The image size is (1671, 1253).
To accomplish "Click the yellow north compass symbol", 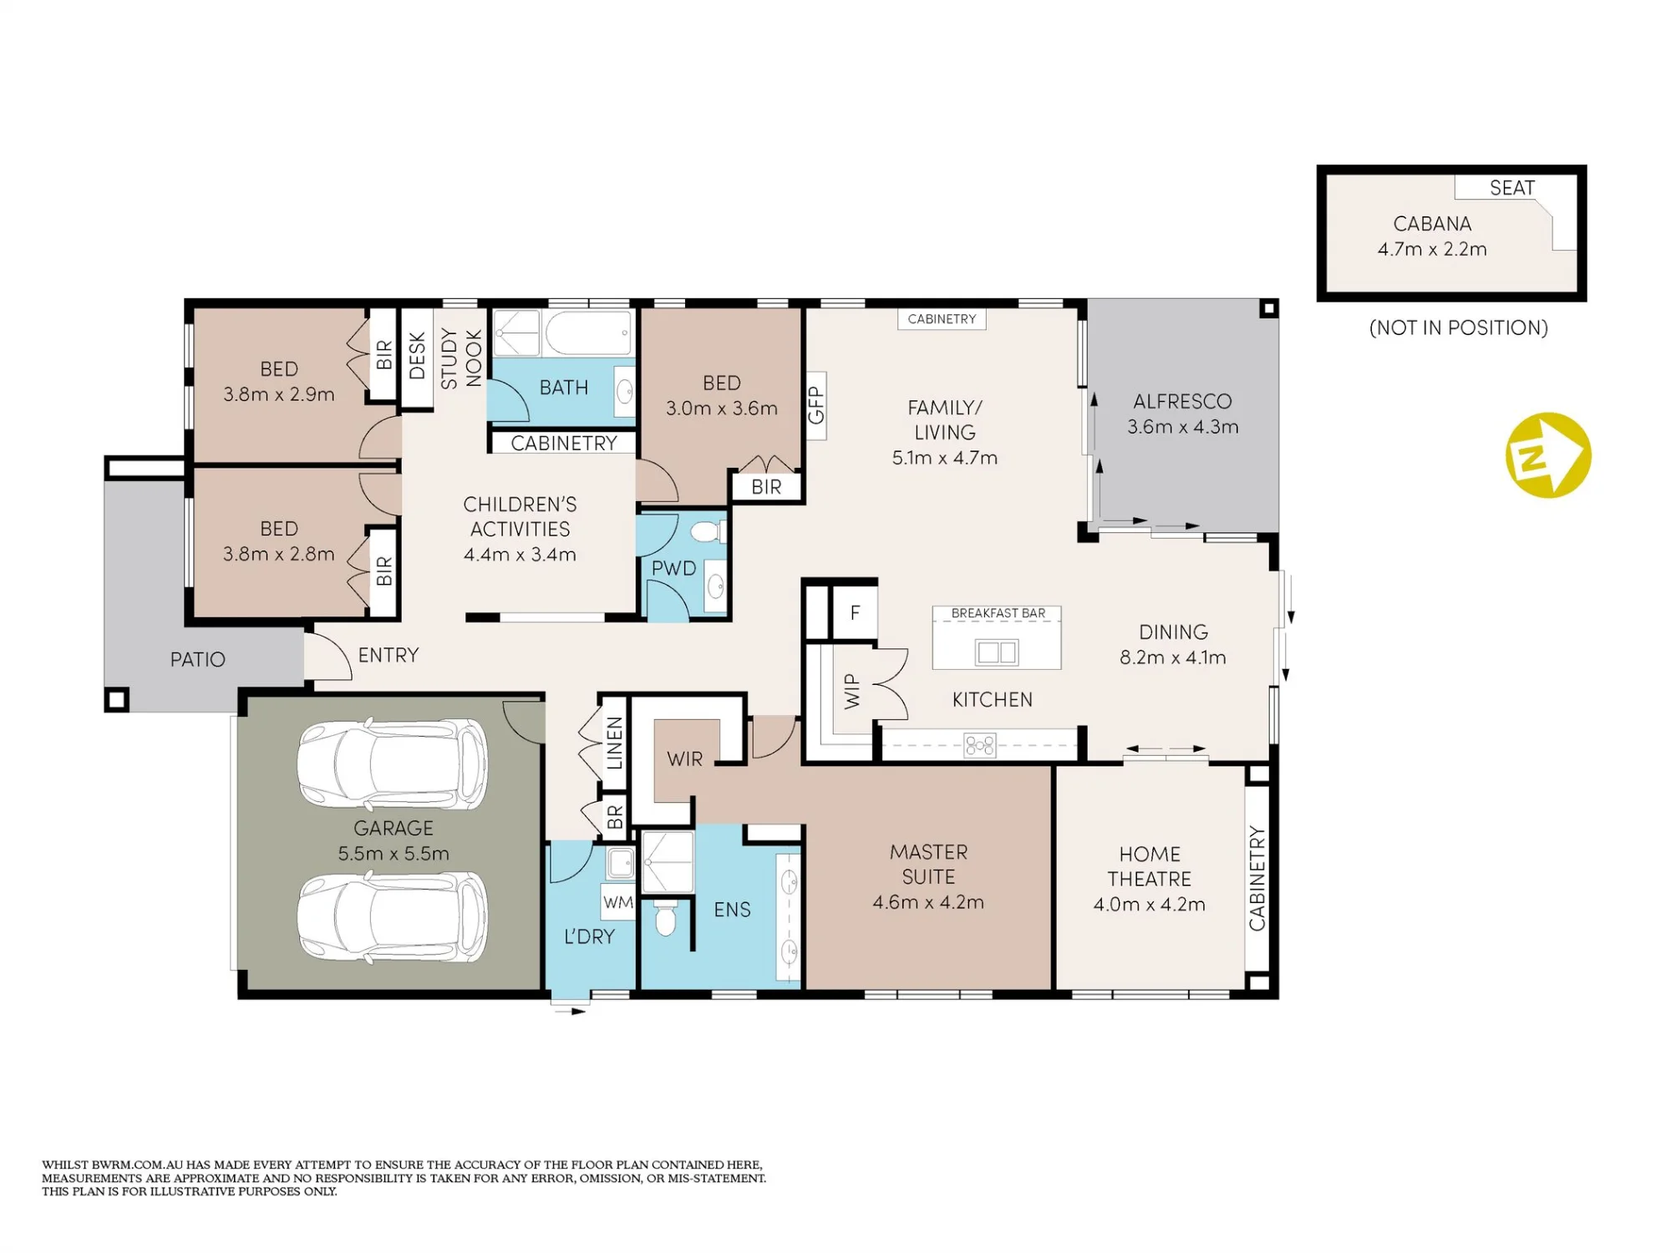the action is point(1548,455).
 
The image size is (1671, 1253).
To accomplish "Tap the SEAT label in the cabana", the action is point(1512,188).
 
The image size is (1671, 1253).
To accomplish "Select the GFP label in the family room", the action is point(816,405).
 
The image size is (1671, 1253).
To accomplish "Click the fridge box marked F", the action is point(855,612).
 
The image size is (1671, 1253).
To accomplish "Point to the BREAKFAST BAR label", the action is point(998,613).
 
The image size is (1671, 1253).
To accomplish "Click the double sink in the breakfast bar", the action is point(997,652).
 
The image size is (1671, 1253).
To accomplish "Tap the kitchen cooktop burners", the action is point(979,744).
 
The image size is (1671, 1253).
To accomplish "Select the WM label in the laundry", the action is point(618,902).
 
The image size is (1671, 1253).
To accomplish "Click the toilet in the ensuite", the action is point(665,917).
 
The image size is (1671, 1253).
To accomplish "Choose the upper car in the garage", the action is point(393,763).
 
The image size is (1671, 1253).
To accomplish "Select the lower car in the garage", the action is point(393,916).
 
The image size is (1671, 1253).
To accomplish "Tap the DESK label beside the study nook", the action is point(417,356).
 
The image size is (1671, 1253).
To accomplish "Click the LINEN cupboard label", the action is point(615,743).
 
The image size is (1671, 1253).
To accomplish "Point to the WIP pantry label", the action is point(851,692).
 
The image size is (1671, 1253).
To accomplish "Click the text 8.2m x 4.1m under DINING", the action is point(1173,657).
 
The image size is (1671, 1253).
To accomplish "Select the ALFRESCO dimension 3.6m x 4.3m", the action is point(1182,427).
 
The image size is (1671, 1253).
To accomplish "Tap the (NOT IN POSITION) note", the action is point(1459,327).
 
